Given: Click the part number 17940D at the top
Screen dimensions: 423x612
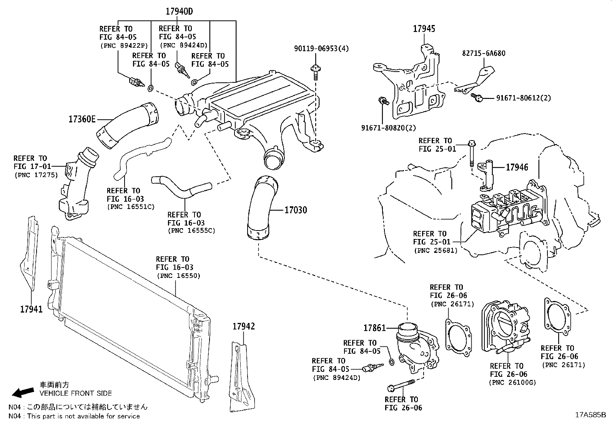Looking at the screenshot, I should (x=179, y=12).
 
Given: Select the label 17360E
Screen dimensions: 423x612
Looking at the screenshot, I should (x=82, y=119).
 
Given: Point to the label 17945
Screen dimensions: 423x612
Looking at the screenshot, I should (x=424, y=28).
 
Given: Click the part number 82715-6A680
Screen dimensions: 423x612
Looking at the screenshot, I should (x=484, y=53).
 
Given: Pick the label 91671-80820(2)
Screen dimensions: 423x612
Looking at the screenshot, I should (x=389, y=127).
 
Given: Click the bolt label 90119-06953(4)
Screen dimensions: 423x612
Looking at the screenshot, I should (x=321, y=48).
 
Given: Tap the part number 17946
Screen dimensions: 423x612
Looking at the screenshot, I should (x=517, y=167).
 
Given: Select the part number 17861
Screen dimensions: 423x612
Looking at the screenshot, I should (x=374, y=328).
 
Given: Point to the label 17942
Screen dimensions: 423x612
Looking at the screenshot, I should (x=243, y=326).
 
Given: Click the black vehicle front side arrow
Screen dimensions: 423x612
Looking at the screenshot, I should (x=22, y=392).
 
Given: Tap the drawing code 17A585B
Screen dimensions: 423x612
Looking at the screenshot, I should (x=590, y=415).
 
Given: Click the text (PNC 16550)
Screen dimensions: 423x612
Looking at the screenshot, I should (x=178, y=276).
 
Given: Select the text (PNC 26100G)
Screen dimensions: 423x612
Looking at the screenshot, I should (x=512, y=383).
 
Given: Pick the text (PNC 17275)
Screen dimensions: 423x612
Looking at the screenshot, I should (x=36, y=175).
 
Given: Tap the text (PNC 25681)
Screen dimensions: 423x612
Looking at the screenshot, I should (x=436, y=250).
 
